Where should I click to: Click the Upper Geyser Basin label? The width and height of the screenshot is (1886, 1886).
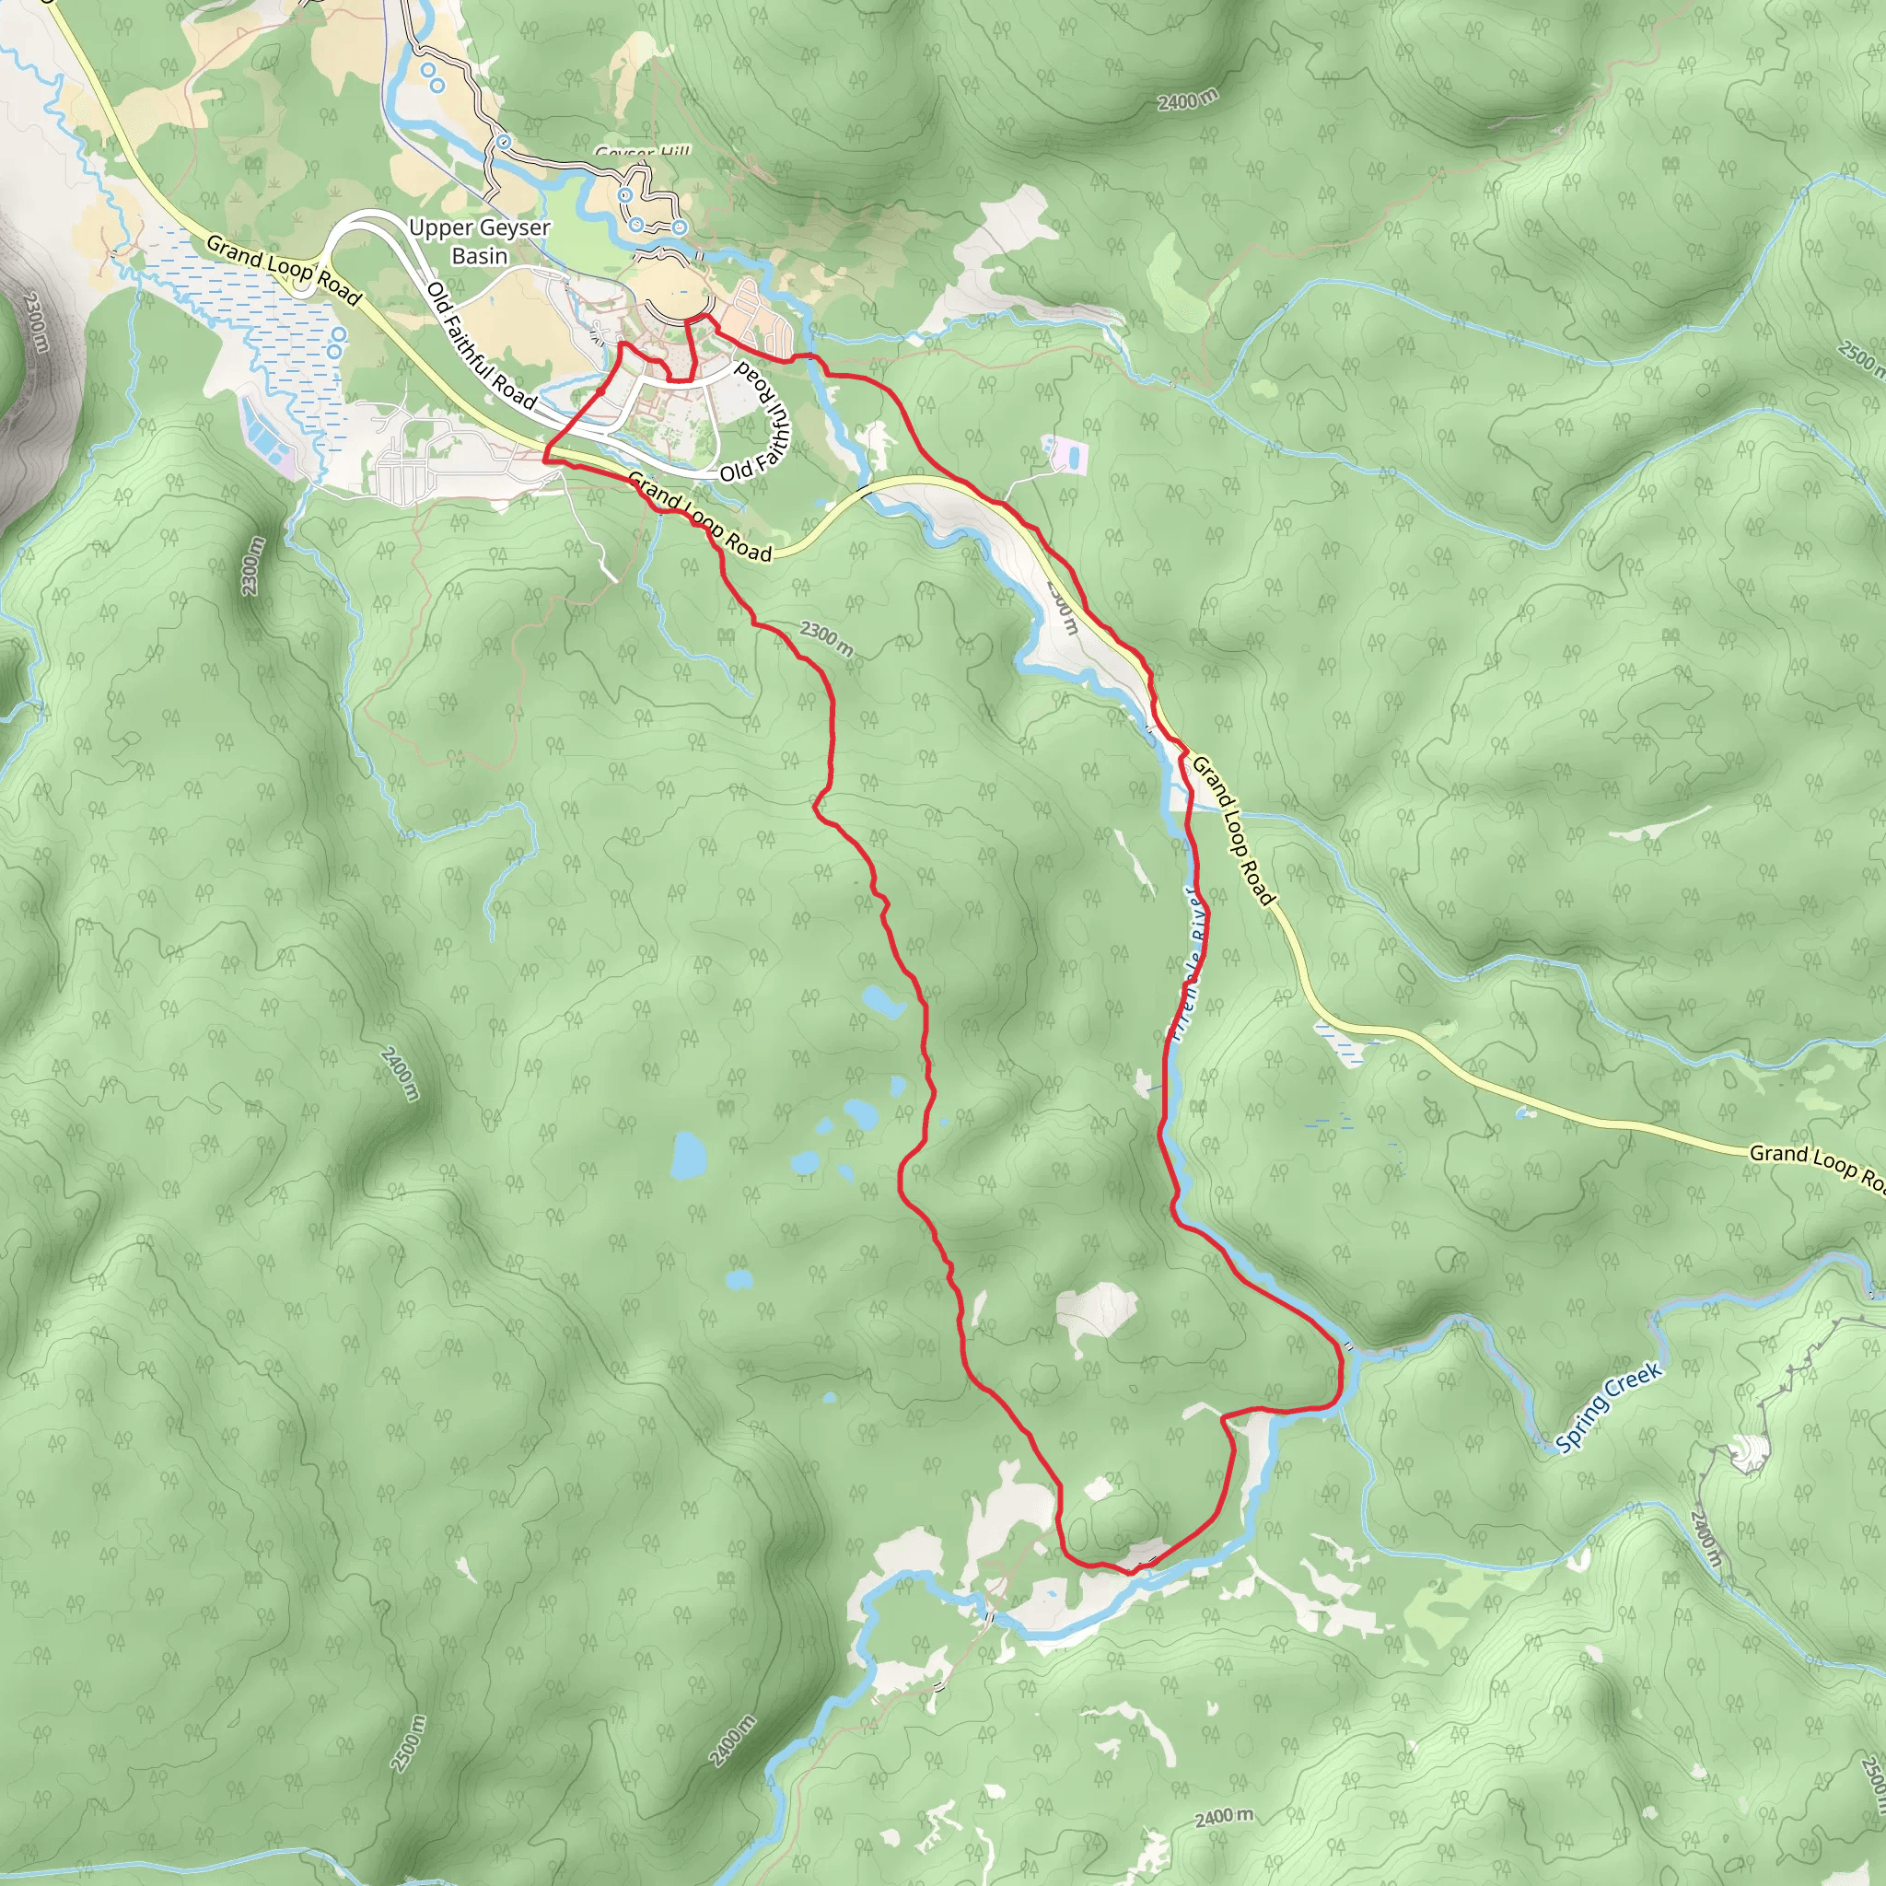click(479, 241)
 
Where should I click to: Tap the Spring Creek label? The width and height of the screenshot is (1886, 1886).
click(1609, 1409)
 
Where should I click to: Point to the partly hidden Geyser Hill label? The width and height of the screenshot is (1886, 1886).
click(643, 152)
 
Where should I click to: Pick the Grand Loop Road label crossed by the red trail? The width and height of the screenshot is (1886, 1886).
click(699, 518)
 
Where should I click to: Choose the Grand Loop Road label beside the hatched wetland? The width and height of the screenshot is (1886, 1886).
click(283, 270)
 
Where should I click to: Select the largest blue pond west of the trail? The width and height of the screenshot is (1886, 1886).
click(688, 1155)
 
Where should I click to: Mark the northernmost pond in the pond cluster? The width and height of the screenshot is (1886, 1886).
click(883, 1001)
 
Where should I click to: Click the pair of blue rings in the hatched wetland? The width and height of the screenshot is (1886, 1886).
click(338, 342)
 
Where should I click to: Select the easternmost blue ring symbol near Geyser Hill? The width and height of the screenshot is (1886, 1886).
click(680, 227)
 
